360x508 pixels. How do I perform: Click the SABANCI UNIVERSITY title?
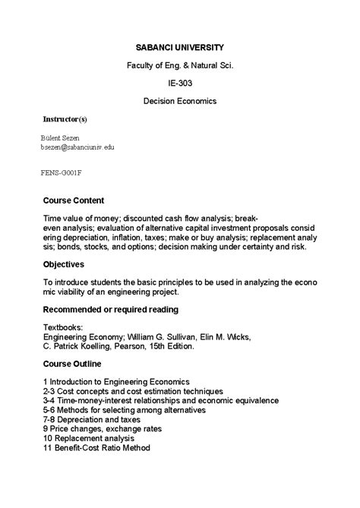point(180,47)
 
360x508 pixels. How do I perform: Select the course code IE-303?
point(180,83)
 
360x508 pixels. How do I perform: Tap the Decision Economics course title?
point(180,100)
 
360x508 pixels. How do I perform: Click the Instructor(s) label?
point(64,120)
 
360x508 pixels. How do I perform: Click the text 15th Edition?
point(172,346)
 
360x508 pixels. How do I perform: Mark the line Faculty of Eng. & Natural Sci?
point(180,65)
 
